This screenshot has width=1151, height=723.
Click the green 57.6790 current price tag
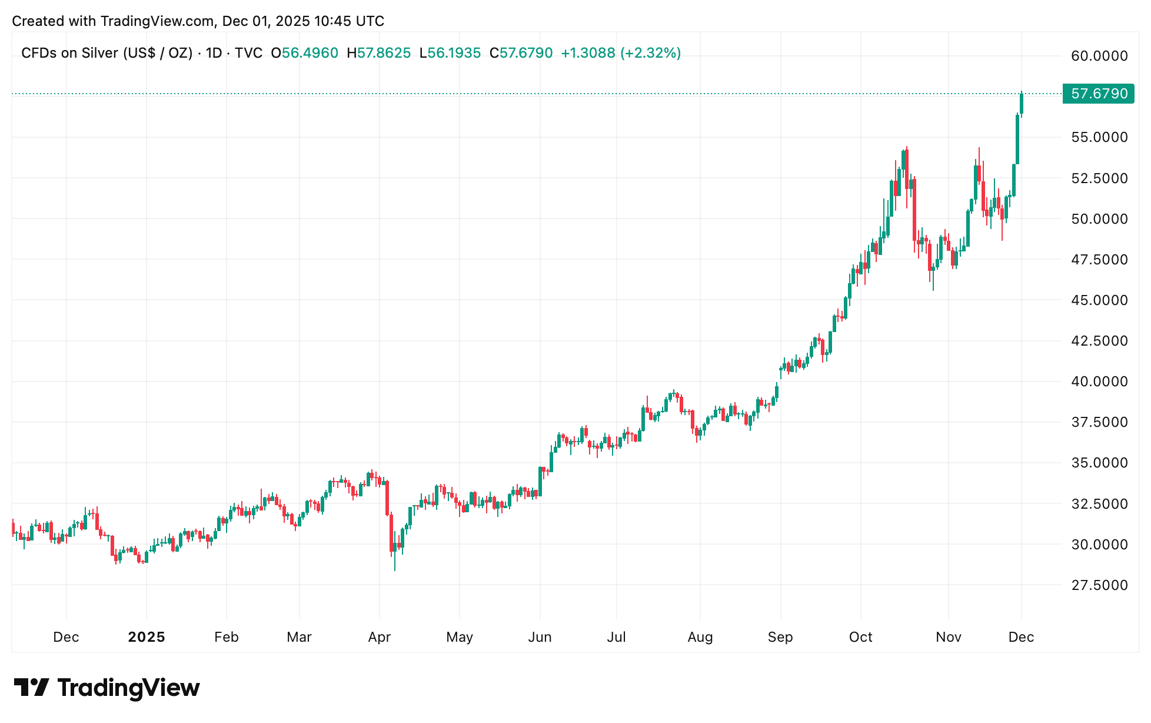(1098, 94)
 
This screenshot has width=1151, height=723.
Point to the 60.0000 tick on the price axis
(1099, 56)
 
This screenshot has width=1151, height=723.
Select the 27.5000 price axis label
(1099, 585)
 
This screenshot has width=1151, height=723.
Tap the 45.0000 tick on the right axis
(1099, 300)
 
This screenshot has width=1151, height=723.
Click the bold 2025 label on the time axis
(147, 637)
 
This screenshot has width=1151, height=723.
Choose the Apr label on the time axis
(380, 637)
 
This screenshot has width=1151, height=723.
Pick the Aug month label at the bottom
(700, 637)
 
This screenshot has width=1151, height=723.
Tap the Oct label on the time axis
(861, 637)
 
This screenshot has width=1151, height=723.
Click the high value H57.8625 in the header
(379, 53)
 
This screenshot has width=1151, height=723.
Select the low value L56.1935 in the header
(450, 53)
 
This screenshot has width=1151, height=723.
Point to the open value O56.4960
(305, 53)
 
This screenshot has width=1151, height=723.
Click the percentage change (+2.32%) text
(650, 53)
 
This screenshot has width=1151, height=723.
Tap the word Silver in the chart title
(97, 53)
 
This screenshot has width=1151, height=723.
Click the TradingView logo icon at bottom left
(31, 688)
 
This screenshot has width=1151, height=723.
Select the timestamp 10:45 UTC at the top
(349, 21)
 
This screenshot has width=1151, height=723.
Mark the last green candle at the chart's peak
(1022, 104)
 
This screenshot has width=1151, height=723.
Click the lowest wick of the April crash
(395, 569)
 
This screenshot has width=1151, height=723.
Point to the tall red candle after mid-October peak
(914, 209)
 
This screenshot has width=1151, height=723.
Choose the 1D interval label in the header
(214, 53)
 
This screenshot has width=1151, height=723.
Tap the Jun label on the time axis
(540, 637)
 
